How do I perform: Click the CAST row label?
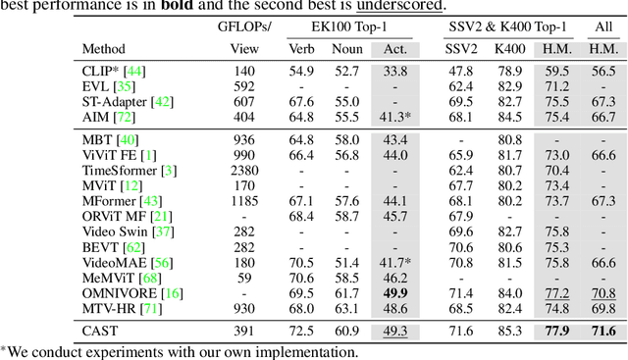(100, 331)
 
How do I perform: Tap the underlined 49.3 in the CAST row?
(395, 331)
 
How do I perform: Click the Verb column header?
(302, 47)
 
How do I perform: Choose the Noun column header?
(347, 47)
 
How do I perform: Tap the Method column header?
(105, 47)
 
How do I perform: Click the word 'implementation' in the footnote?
(313, 351)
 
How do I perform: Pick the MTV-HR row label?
(105, 308)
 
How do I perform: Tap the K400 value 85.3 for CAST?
(508, 331)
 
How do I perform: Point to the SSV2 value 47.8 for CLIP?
(461, 71)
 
